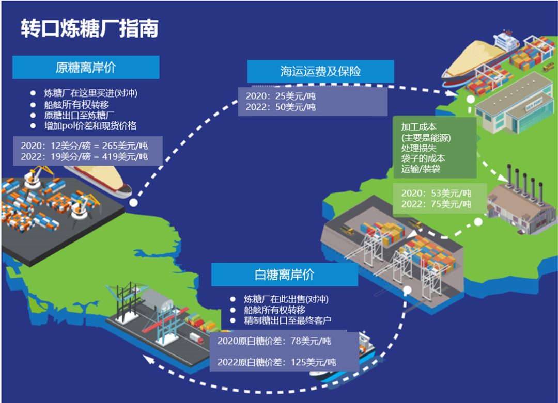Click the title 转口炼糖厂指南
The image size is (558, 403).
(89, 28)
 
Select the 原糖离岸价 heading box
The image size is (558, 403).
(85, 68)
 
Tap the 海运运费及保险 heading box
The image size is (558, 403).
(320, 72)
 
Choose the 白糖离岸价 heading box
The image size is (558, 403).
(284, 275)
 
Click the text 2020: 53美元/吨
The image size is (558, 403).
(436, 193)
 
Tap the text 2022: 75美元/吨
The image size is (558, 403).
(436, 204)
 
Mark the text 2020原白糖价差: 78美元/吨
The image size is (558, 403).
(274, 341)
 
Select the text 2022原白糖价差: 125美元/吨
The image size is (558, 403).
(276, 362)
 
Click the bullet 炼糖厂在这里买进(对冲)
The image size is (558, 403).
(90, 93)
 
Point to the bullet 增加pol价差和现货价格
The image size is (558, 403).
(90, 125)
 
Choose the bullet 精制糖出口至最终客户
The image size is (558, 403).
(287, 320)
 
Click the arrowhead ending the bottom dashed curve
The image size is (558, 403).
(149, 359)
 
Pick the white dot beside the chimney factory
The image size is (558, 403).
(478, 222)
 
